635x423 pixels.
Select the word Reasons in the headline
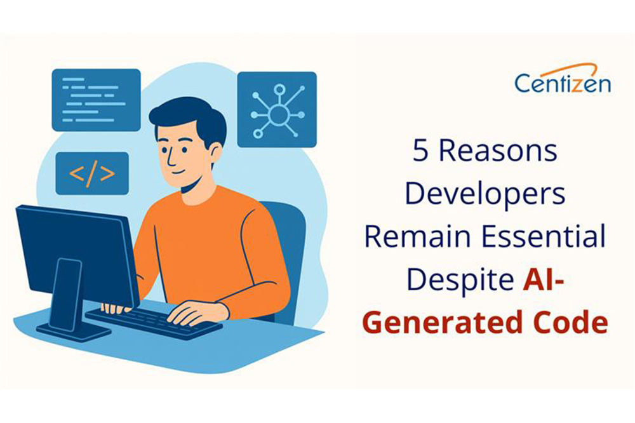(502, 152)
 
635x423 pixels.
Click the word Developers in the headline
(485, 194)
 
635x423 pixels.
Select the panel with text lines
(96, 100)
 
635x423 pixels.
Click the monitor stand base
(73, 330)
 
